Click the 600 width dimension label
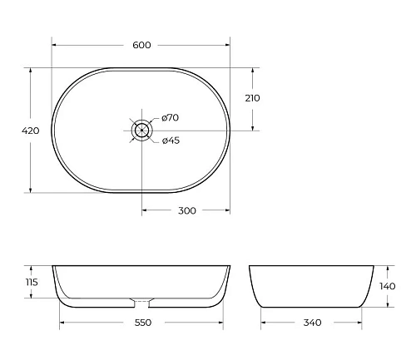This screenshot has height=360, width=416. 142,45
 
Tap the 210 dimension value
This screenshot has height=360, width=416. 253,98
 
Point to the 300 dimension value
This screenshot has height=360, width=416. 187,210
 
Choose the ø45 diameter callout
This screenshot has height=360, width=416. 171,140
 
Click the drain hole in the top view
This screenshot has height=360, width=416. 142,130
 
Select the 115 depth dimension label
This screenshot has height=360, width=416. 32,283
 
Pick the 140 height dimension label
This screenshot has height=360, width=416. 387,286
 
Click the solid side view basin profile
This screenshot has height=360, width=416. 309,287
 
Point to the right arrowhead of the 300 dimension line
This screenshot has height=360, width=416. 230,210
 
